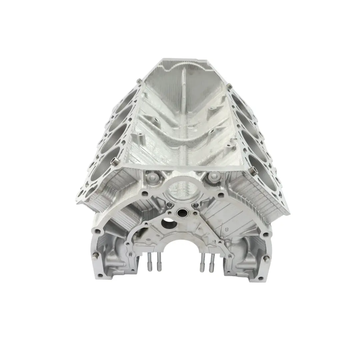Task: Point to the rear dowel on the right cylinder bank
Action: pyautogui.click(x=230, y=87)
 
